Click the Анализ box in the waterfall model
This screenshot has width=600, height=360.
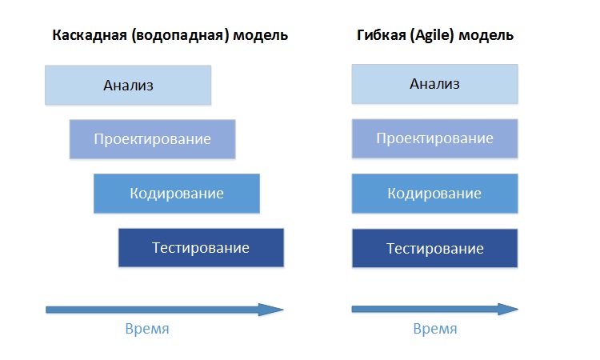point(128,85)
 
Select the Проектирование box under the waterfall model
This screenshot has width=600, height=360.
point(152,139)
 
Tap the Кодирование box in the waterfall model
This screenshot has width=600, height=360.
point(177,193)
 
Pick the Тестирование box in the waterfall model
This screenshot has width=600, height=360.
point(202,247)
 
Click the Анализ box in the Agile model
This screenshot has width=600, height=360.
point(434,84)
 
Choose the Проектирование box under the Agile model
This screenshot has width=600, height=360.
point(434,138)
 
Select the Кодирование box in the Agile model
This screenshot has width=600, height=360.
point(434,193)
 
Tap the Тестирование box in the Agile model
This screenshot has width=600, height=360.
point(434,248)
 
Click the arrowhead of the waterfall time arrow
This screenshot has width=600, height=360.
point(282,310)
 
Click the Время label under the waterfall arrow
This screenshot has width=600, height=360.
point(147,329)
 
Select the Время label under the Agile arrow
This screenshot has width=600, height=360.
point(435,329)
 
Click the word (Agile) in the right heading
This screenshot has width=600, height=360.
point(432,35)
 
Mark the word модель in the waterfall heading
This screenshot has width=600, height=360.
point(261,35)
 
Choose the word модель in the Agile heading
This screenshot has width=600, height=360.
point(486,35)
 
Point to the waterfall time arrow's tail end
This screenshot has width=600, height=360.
point(46,310)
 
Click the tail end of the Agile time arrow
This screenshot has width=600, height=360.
point(353,309)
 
